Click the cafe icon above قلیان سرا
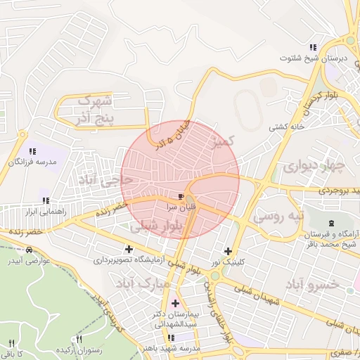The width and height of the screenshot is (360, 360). pos(181,195)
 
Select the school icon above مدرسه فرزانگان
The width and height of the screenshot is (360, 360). pos(32,150)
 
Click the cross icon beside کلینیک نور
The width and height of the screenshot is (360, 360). pos(227,251)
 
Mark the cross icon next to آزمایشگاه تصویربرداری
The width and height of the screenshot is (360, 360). pos(128,249)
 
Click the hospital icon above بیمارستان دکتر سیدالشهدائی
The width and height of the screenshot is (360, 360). pos(174,303)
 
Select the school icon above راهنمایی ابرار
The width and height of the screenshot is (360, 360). pos(44,199)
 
